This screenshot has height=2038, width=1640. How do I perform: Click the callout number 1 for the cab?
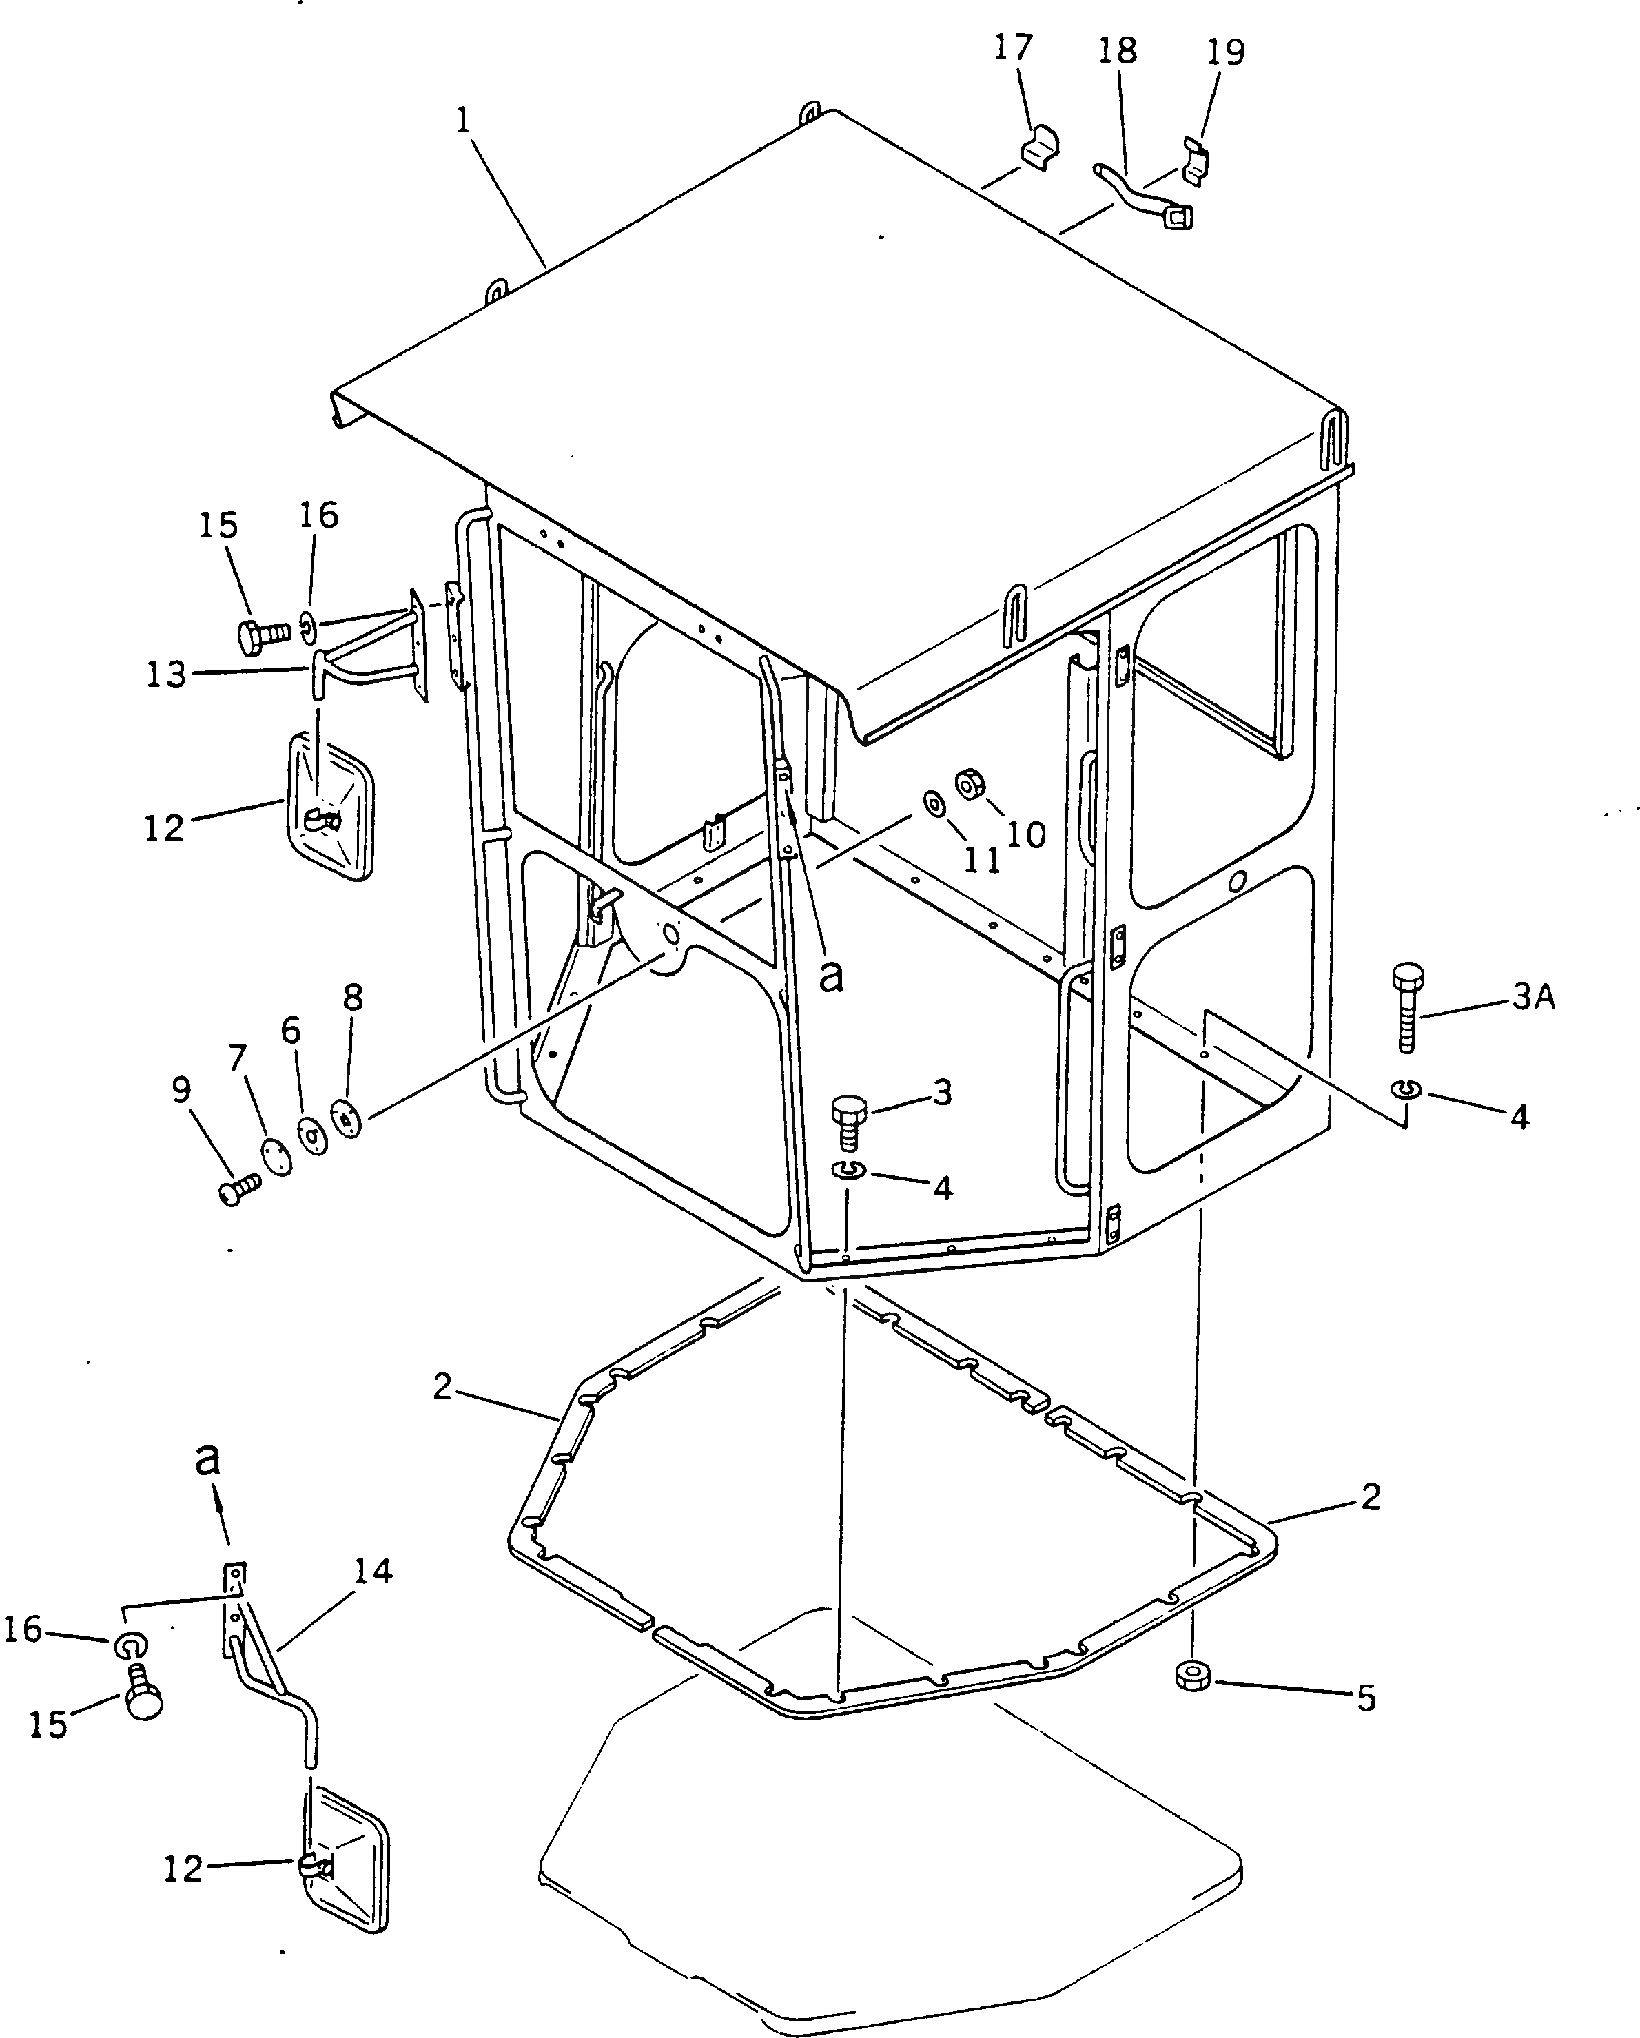463,122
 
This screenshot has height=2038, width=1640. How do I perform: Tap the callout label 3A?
1533,997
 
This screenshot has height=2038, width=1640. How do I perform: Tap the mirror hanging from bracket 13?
330,808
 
